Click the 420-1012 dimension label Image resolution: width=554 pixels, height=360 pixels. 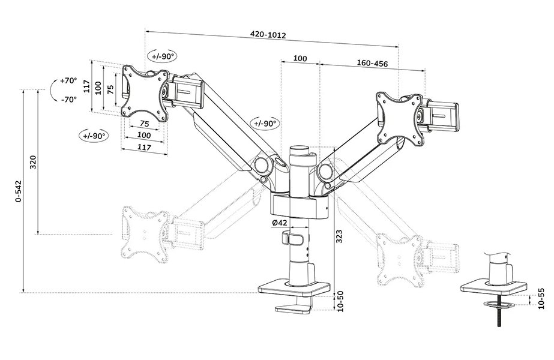268,35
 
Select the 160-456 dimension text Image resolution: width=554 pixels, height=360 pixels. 372,62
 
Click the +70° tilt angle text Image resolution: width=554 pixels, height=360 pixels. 68,80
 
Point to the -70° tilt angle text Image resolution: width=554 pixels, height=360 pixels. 68,99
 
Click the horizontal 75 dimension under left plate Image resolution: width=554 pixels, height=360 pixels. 144,124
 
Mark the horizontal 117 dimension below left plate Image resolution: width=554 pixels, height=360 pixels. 144,146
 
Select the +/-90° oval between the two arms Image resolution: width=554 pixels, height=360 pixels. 265,124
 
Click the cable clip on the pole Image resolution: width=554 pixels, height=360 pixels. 292,239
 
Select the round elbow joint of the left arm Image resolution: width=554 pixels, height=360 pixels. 262,164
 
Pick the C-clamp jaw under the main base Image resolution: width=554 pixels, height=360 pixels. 294,308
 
